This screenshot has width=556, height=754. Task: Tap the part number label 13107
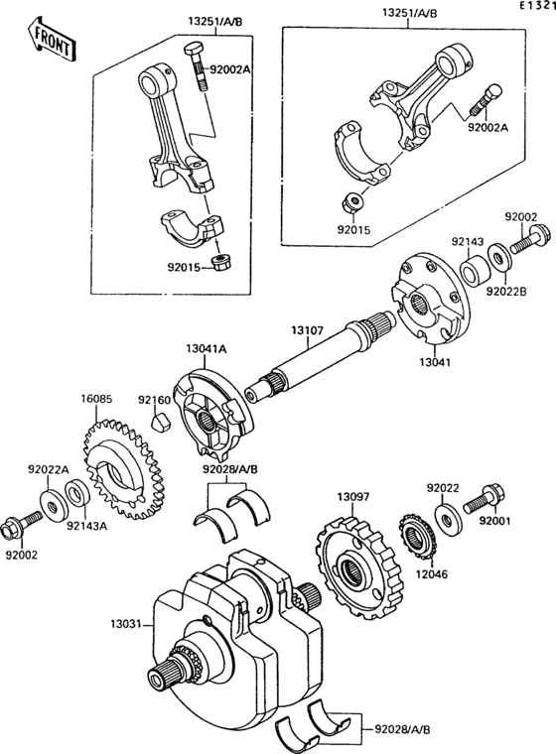tap(308, 330)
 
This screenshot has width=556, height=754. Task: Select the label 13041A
tap(207, 348)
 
